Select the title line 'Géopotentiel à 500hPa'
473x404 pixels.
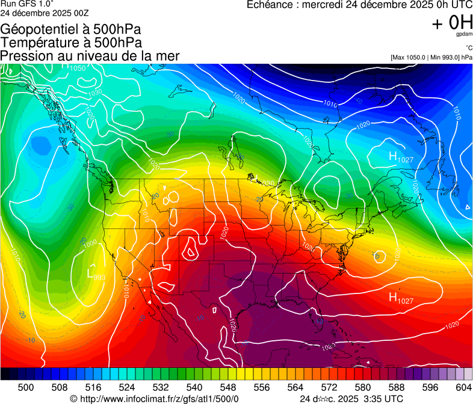[x=71, y=29]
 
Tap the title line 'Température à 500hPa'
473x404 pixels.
[x=71, y=42]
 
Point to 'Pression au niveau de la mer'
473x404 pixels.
[x=90, y=56]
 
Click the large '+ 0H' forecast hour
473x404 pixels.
[x=452, y=22]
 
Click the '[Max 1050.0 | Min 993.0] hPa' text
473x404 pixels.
[x=431, y=57]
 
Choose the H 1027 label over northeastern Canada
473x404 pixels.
[x=400, y=158]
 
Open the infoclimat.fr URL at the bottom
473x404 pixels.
[x=155, y=398]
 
